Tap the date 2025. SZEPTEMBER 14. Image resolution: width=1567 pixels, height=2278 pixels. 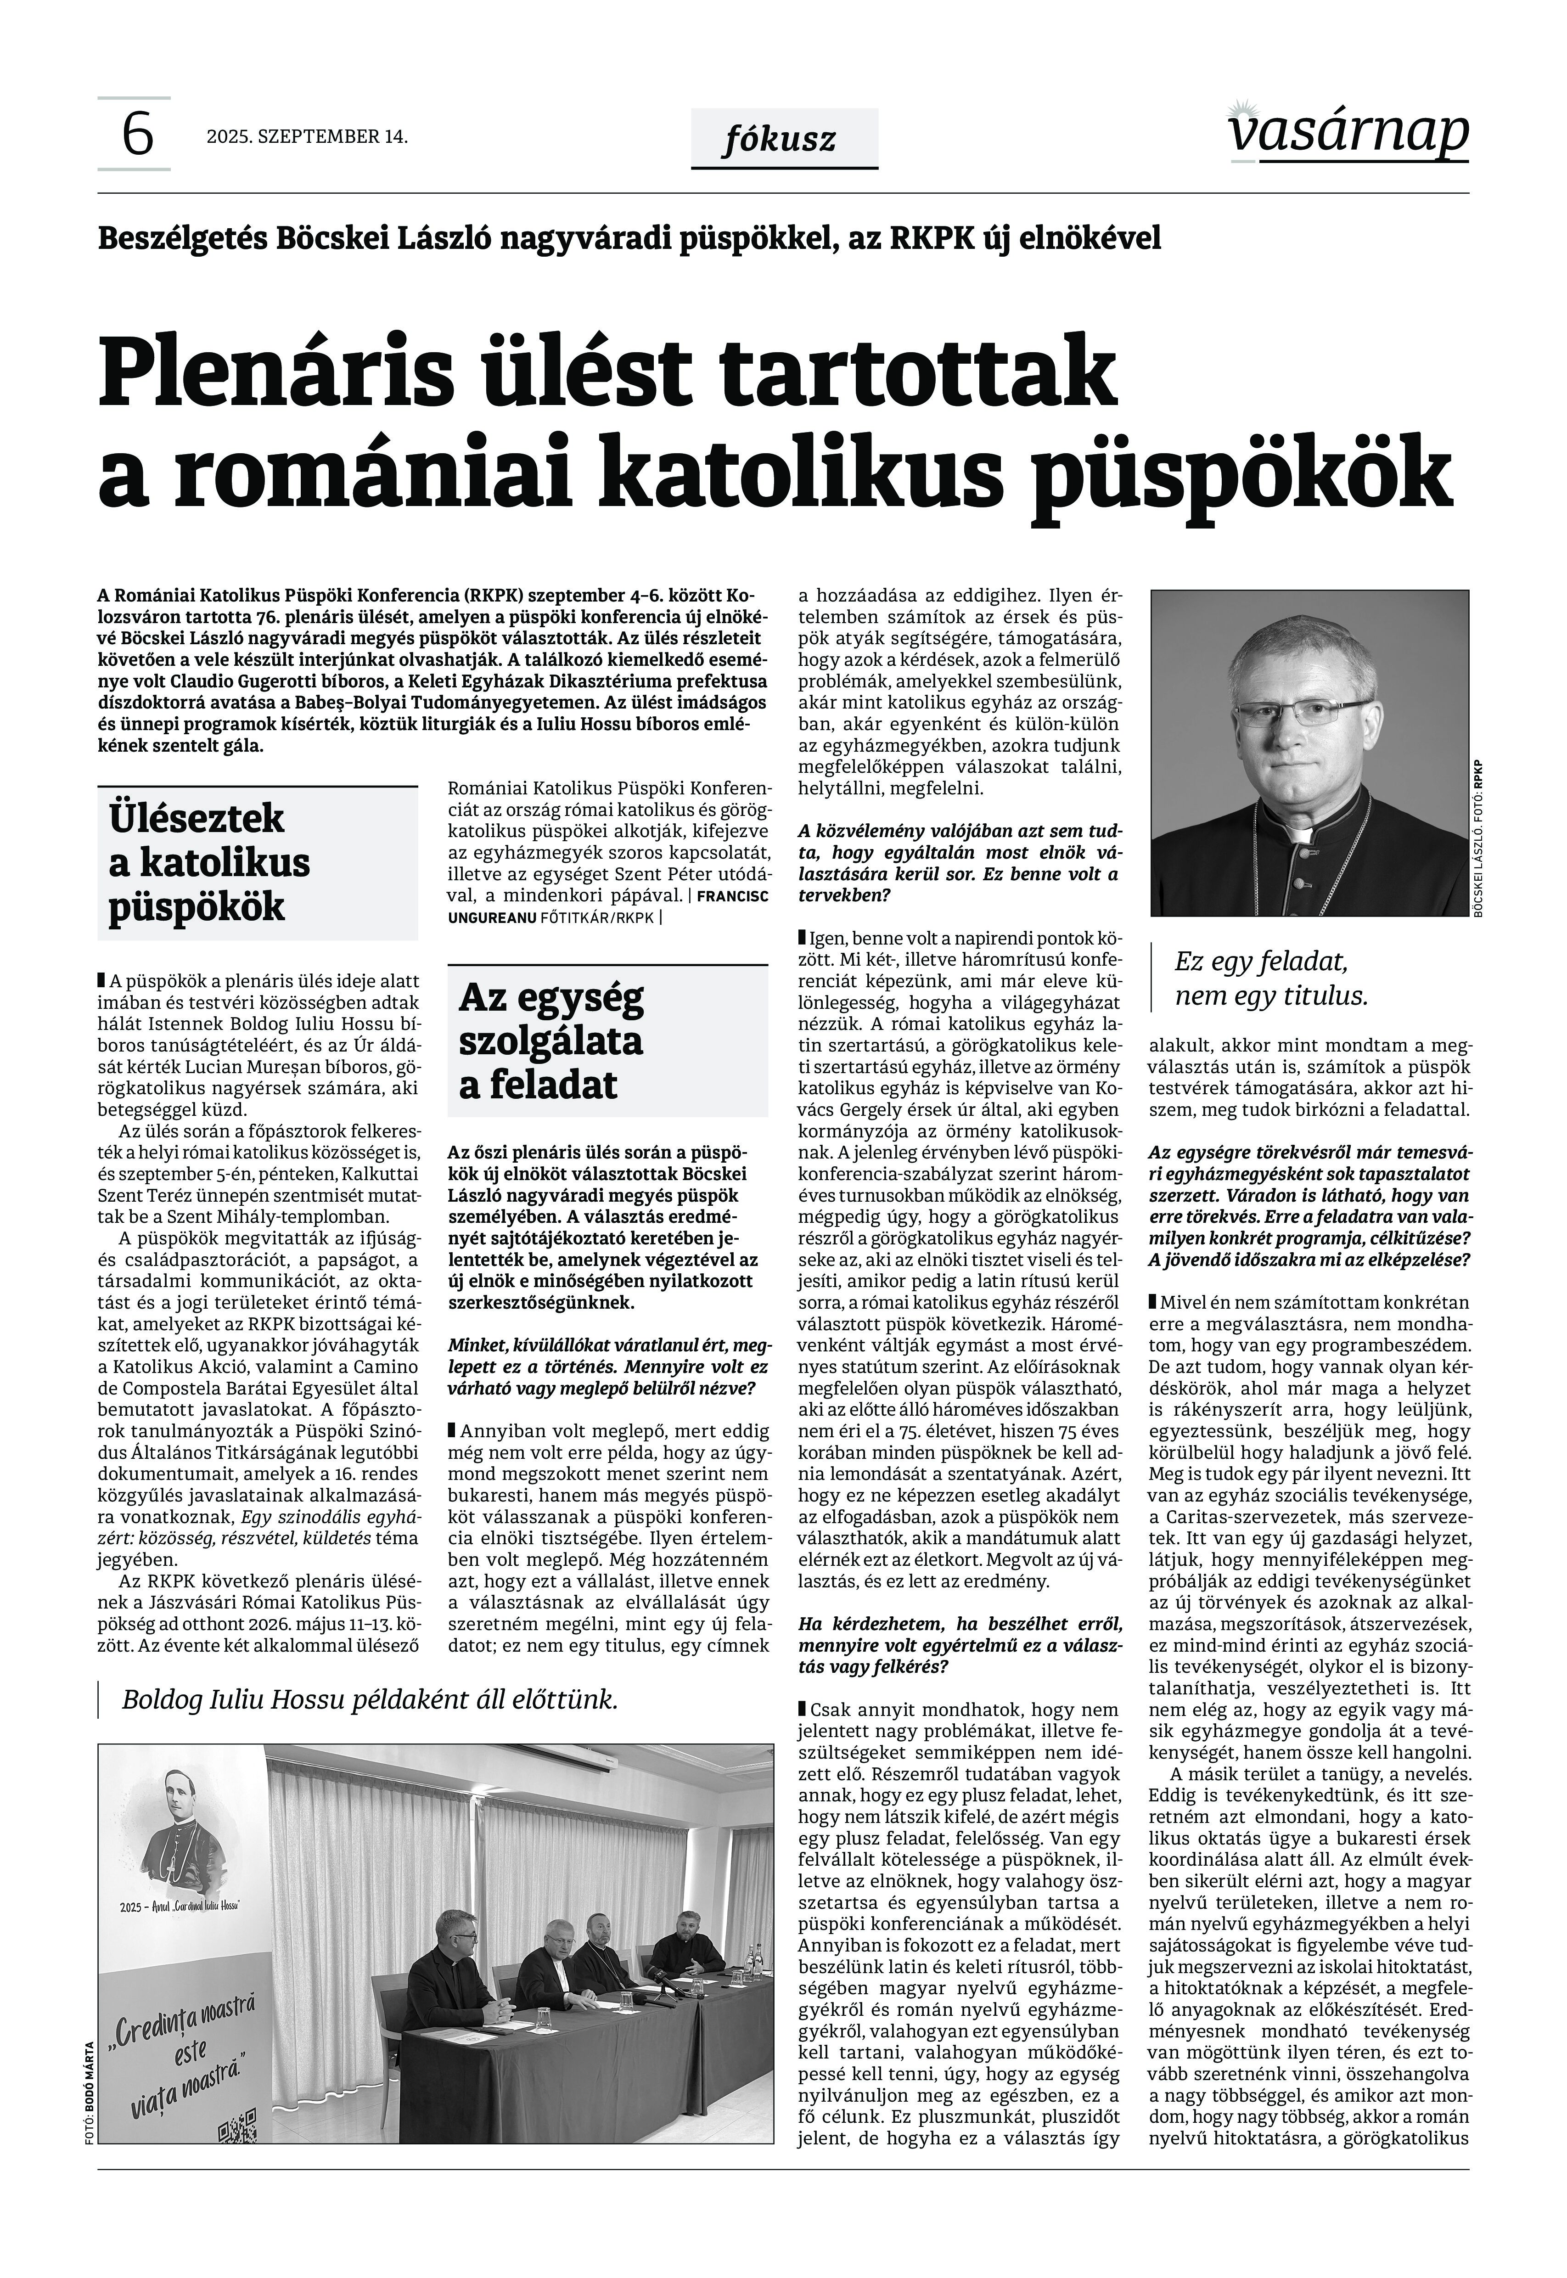pos(306,136)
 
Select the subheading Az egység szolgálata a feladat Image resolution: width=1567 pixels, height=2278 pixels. pos(551,1041)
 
